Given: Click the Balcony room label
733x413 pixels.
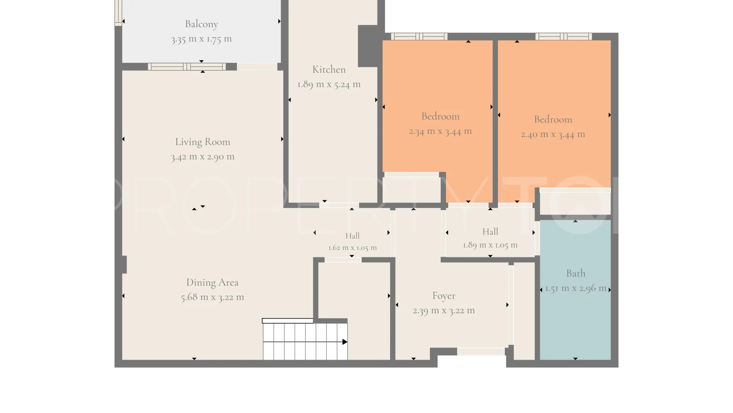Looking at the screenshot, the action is point(202,24).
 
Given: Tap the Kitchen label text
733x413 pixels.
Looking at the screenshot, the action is point(329,70).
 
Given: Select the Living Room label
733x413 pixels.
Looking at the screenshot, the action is point(203,142).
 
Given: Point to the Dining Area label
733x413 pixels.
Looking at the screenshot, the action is point(212,283).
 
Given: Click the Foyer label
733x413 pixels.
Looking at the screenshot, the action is point(444,296).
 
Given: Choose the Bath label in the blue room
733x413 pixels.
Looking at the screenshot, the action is point(576,273).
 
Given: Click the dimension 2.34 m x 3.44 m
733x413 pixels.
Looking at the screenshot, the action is point(440,131).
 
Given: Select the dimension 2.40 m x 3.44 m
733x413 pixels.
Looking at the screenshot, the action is point(553,134).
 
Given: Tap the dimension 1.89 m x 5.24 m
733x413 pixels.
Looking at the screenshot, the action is point(329,85).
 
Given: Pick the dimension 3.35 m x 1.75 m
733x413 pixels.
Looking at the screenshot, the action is point(202,39).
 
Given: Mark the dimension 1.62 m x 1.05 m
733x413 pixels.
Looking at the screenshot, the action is point(352,248).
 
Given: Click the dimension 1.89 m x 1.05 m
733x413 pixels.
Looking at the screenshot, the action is point(490,245).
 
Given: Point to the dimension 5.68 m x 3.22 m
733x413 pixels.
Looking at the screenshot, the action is point(212,297).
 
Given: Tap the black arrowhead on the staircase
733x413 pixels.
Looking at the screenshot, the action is point(345,342).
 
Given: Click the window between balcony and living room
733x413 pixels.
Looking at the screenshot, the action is point(187,67).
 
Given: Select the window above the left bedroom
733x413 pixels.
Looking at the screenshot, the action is point(419,37).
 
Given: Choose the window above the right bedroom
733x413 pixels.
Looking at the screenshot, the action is point(563,37).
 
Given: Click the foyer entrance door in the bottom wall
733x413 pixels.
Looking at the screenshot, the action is point(481,351).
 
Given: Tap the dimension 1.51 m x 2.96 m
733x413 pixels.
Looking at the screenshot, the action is point(576,288).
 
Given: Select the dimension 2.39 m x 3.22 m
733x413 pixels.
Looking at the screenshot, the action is point(444,311).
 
